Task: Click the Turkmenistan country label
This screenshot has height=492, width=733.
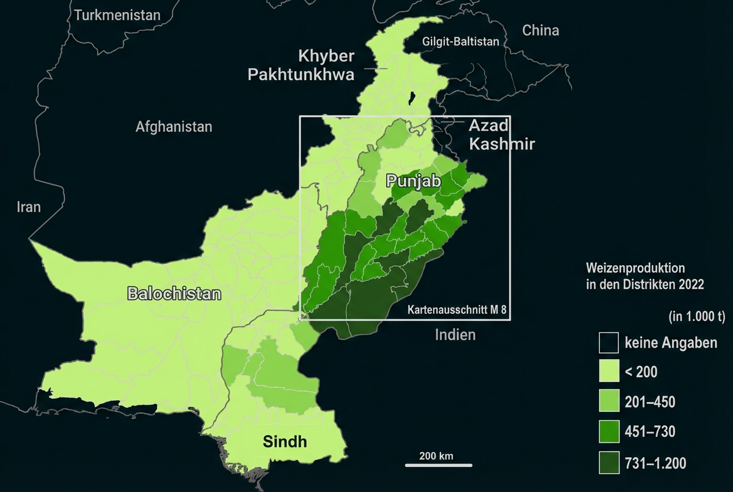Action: [117, 15]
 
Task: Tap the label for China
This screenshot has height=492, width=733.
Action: [540, 30]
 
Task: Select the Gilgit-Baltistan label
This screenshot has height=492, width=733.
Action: [460, 42]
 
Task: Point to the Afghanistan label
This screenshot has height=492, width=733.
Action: [173, 126]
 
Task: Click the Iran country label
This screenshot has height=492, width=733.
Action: [28, 207]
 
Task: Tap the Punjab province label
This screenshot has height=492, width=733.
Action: [413, 182]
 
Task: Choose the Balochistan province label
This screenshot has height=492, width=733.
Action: [174, 294]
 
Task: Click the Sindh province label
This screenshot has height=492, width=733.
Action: [285, 442]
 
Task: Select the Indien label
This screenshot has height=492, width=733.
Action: [455, 335]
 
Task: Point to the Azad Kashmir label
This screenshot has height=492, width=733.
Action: [501, 134]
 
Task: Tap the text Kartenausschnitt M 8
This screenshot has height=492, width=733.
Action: [457, 310]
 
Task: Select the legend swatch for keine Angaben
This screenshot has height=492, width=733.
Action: [608, 343]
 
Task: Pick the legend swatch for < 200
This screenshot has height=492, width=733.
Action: [608, 372]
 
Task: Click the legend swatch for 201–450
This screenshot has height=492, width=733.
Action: [608, 402]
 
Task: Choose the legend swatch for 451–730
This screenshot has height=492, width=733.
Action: [608, 432]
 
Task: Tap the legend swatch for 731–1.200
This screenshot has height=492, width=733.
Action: [608, 463]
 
